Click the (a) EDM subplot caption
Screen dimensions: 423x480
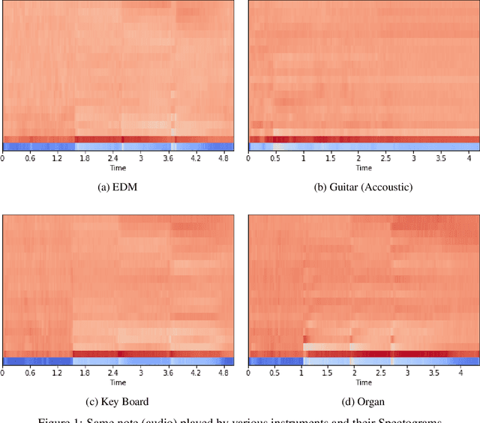[117, 188]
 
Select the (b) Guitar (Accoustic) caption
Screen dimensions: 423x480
[363, 188]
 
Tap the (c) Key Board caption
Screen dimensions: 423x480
[118, 401]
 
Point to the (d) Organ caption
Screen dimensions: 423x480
[363, 401]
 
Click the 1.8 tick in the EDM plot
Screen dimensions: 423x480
[84, 158]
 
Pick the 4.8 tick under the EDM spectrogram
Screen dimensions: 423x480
[223, 158]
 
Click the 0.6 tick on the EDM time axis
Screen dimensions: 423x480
[29, 158]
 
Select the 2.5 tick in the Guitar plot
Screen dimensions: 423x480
[385, 158]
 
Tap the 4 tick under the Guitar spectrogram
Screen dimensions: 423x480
[468, 158]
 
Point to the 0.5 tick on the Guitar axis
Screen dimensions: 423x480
[276, 158]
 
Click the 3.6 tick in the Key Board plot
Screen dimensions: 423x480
[167, 371]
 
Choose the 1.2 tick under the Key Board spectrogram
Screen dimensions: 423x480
[57, 371]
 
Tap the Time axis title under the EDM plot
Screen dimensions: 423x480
[118, 167]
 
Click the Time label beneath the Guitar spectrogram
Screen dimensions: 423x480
[364, 167]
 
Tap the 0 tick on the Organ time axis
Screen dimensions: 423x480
[249, 371]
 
